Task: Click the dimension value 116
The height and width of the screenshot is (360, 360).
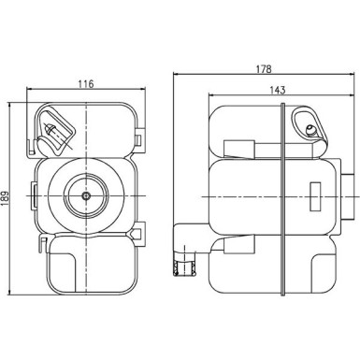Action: click(86, 84)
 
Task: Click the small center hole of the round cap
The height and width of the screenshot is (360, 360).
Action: click(86, 197)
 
